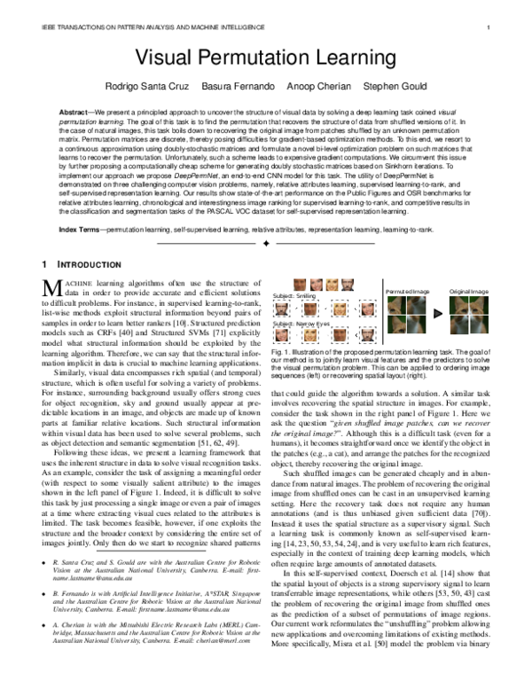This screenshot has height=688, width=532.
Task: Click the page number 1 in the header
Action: pyautogui.click(x=489, y=27)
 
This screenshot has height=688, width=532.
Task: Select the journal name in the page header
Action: pyautogui.click(x=132, y=27)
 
